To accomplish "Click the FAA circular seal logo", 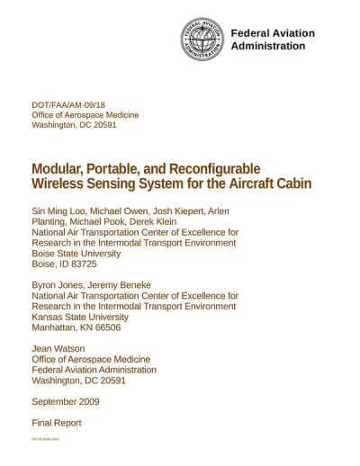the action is coord(202,40).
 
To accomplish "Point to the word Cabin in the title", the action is coord(293,184).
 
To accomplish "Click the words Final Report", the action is coord(57,422).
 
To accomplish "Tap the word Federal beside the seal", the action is coord(252,33).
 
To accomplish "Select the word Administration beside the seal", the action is coord(268,46).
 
